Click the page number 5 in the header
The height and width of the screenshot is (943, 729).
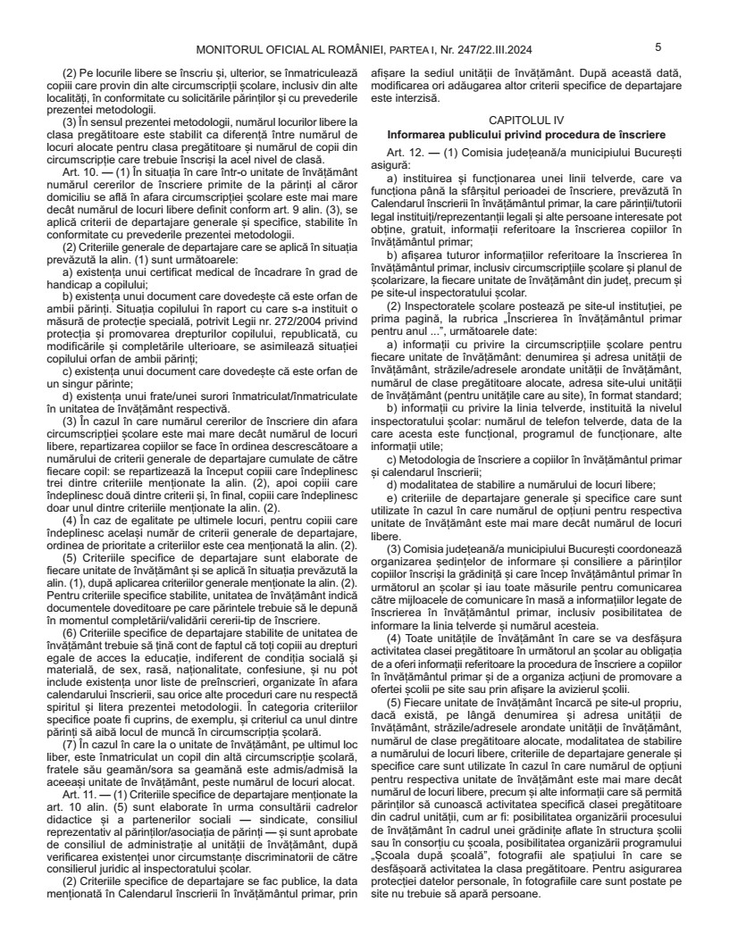tap(658, 46)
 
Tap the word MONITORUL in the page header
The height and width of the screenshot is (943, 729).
tap(233, 50)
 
